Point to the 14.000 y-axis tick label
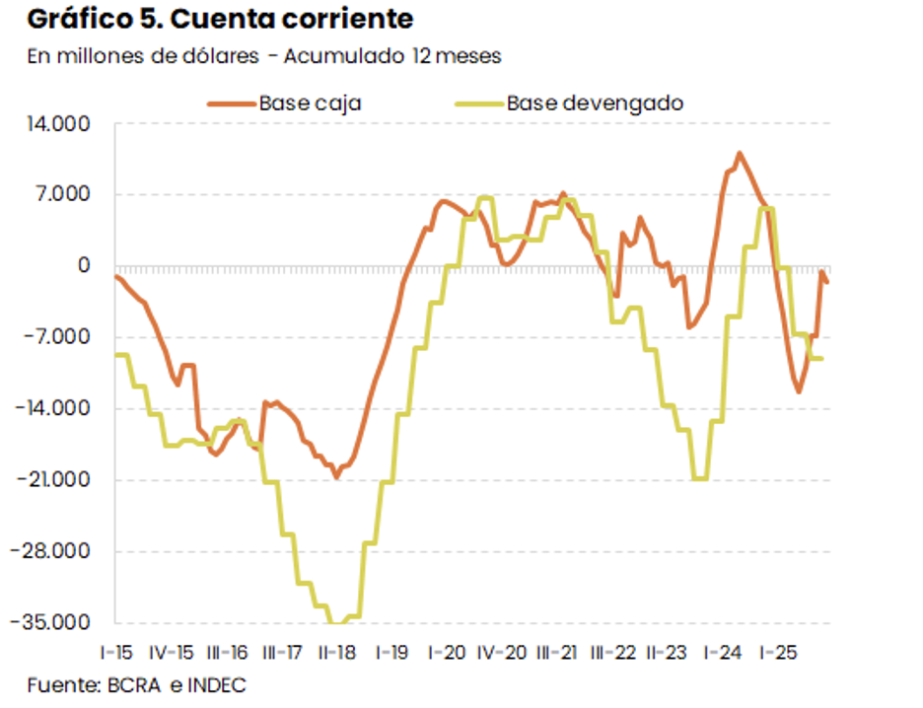click(62, 124)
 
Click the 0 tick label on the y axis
click(84, 266)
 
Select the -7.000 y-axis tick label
click(62, 338)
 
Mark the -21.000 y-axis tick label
click(58, 481)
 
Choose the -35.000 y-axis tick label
click(58, 623)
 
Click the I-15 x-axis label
click(116, 653)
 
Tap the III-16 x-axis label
click(228, 653)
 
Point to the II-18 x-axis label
click(338, 653)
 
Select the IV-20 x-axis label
click(502, 653)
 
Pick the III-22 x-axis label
click(613, 653)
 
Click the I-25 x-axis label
click(778, 653)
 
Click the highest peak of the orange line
click(740, 153)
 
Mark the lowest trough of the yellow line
click(337, 623)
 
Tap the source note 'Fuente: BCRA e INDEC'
click(136, 685)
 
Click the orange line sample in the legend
click(230, 103)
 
